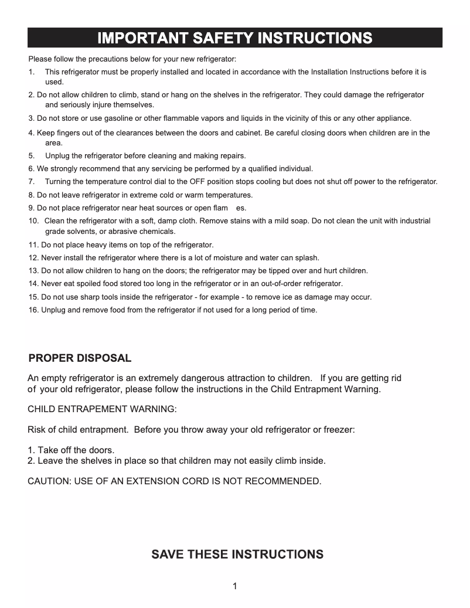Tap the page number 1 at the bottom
[x=234, y=586]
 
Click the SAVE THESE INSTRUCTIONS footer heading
[x=237, y=555]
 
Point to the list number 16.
[x=33, y=310]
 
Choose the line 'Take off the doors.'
[x=70, y=450]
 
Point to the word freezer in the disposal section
[x=336, y=430]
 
